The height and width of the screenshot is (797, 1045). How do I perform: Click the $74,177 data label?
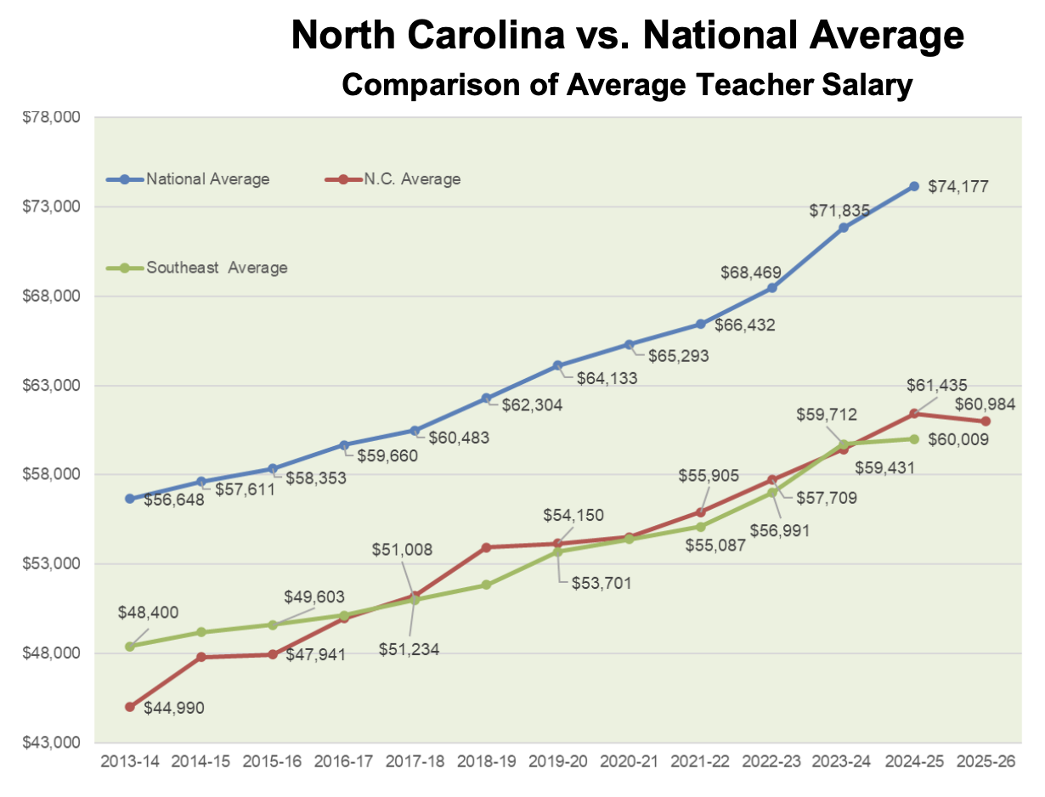[x=957, y=187]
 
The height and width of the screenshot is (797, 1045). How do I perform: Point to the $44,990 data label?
[x=174, y=707]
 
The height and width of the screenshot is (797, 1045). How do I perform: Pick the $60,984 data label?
[x=986, y=404]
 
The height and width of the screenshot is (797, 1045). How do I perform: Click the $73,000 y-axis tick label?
[x=51, y=206]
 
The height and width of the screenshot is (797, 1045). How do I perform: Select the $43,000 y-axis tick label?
[x=51, y=743]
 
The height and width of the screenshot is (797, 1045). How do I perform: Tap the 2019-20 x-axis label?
[x=557, y=762]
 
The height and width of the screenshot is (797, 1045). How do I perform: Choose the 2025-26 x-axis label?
[x=986, y=762]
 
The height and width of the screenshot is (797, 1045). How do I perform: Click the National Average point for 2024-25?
[x=914, y=186]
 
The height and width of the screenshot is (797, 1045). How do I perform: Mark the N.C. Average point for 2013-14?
[x=130, y=707]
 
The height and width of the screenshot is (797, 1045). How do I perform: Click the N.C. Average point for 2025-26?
[x=986, y=421]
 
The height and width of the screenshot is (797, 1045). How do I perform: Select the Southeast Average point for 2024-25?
[x=914, y=439]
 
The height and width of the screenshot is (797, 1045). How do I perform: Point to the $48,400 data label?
[x=149, y=613]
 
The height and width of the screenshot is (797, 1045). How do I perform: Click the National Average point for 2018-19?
[x=486, y=398]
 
